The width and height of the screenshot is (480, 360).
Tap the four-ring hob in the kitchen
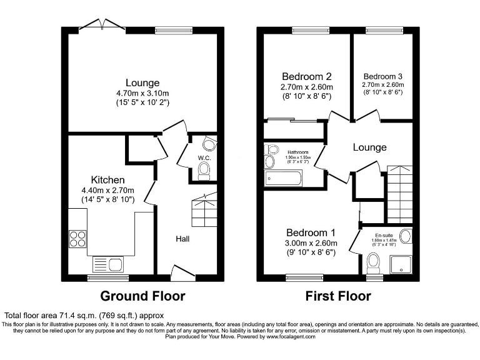77,239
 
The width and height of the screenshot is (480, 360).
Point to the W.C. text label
204,157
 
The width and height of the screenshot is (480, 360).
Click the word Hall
182,238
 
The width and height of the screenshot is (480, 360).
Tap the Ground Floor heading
143,296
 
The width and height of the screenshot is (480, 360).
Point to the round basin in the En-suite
405,236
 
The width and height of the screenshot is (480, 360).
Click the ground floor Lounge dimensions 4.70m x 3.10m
142,92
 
